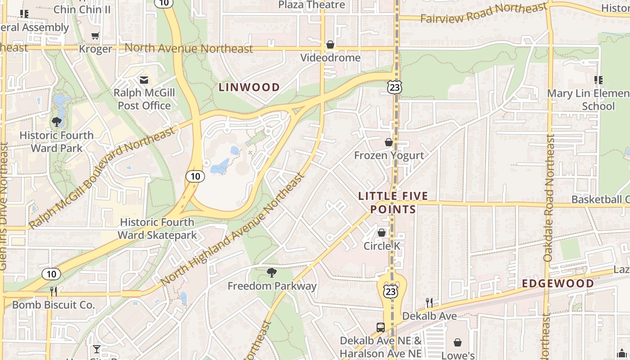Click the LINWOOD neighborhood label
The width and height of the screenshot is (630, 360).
[249, 87]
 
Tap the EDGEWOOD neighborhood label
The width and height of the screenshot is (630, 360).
[558, 283]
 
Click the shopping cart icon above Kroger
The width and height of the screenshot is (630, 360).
[95, 36]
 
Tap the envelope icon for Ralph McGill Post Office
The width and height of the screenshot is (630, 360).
[144, 80]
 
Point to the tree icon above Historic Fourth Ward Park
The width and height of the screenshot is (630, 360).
[57, 121]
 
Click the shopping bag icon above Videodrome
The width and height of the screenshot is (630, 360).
[330, 45]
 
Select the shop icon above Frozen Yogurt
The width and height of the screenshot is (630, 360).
[389, 142]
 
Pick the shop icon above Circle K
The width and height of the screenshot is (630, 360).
[382, 233]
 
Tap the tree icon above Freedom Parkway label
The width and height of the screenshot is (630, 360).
[271, 272]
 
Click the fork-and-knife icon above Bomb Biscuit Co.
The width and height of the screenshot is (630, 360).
[54, 292]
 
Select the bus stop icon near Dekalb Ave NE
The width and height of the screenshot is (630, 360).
[381, 327]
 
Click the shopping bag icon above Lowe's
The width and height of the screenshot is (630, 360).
[458, 342]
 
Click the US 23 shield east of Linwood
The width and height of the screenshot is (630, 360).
[395, 87]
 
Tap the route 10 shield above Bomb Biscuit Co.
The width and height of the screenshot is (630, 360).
[51, 274]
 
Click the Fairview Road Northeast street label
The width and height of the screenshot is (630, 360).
[483, 13]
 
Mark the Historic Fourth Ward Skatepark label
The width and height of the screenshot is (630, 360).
[157, 229]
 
